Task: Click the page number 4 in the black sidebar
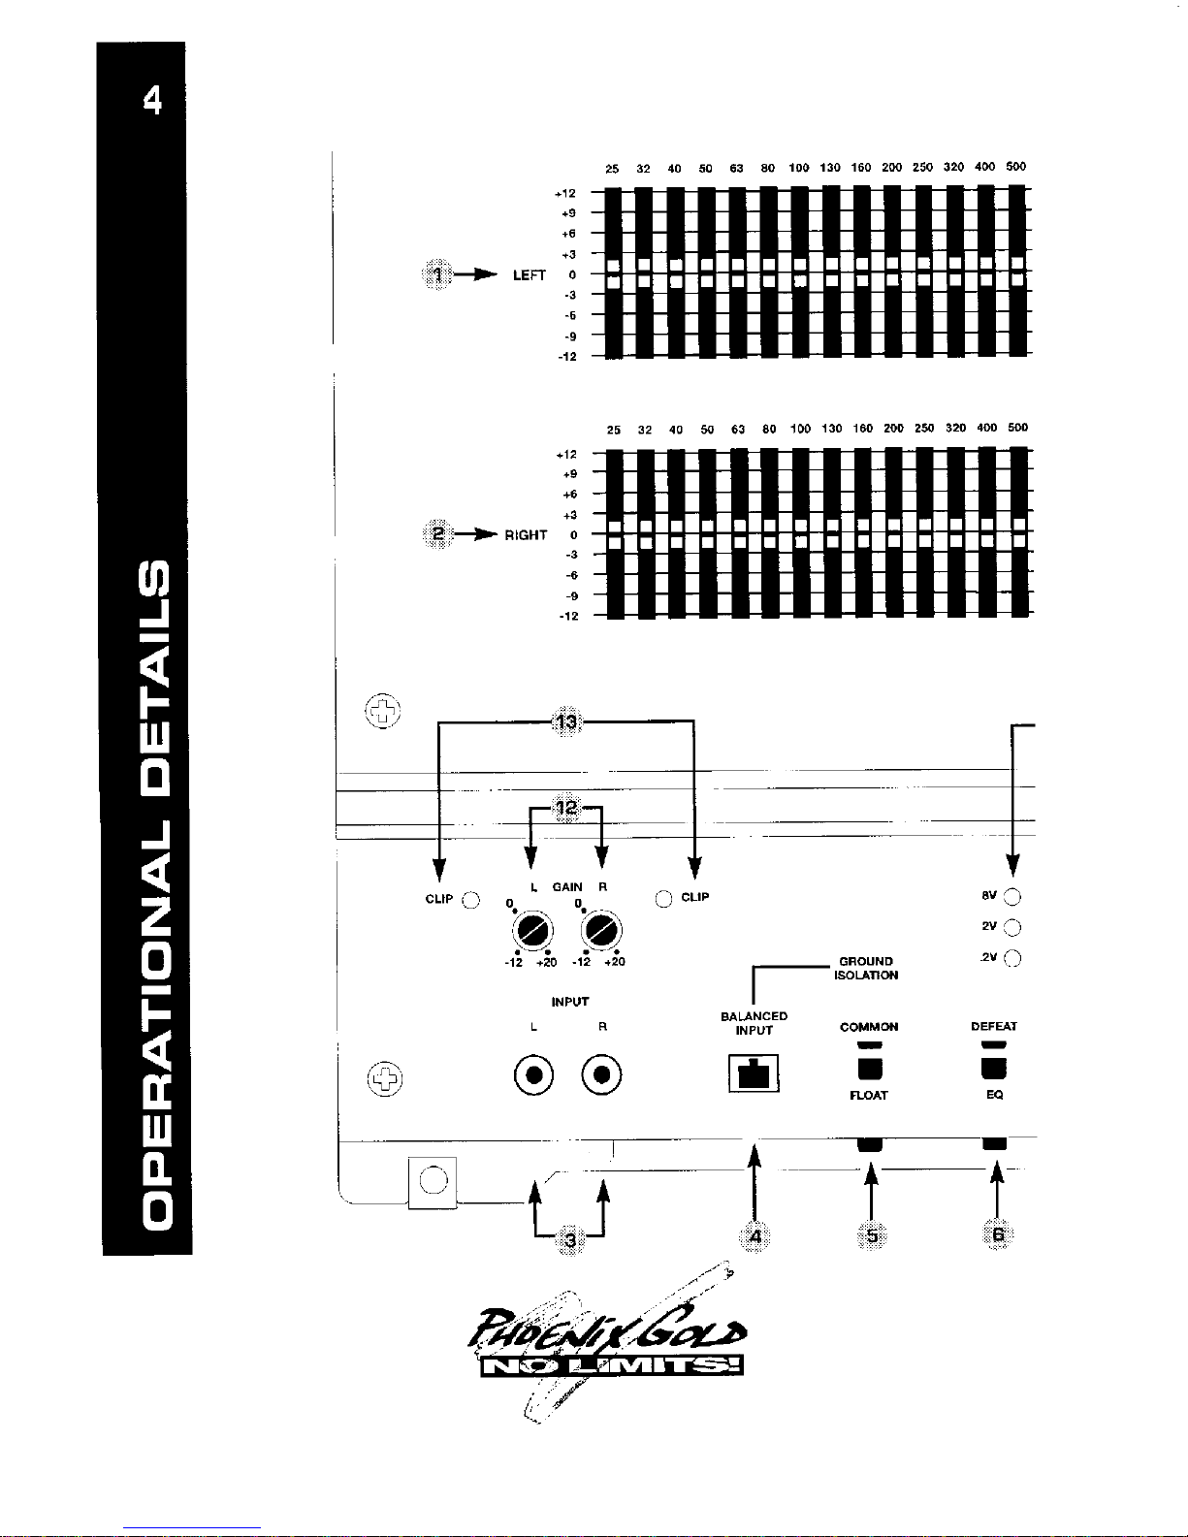point(152,100)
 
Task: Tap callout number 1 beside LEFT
point(437,275)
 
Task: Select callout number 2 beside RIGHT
point(438,534)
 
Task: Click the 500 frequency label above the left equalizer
point(1015,167)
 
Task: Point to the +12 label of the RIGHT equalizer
point(566,454)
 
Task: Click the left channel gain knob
point(531,932)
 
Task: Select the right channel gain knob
point(601,932)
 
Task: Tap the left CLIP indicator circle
point(470,899)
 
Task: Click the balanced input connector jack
point(754,1073)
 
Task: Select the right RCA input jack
point(602,1075)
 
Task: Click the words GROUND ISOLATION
point(866,969)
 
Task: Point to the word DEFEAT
point(994,1026)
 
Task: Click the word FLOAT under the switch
point(869,1096)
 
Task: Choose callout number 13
point(565,721)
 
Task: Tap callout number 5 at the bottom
point(872,1235)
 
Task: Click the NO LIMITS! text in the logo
point(612,1366)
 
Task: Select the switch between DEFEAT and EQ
point(994,1068)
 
